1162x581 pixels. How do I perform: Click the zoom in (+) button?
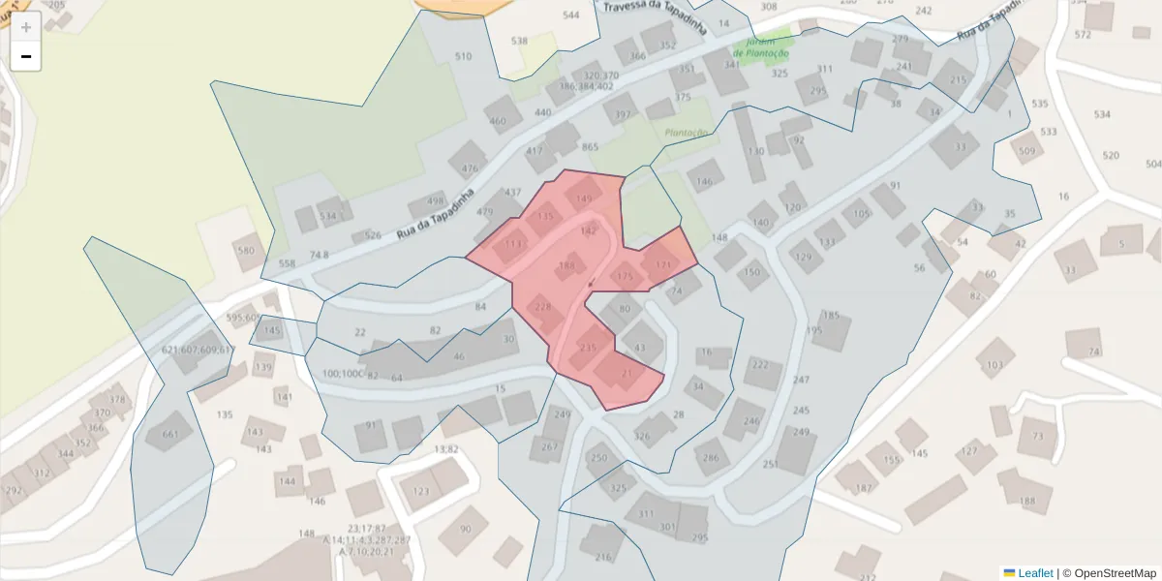click(26, 27)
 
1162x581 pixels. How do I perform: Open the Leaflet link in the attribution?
click(1035, 573)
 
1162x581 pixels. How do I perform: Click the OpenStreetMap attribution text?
click(1115, 573)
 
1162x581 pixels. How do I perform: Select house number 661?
click(170, 434)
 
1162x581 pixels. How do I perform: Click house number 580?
click(246, 251)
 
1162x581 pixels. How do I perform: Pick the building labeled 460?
click(498, 121)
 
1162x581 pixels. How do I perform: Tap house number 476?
click(470, 168)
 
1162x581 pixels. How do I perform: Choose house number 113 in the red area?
click(512, 244)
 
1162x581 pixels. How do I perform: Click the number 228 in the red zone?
click(543, 307)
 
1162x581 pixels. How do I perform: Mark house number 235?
click(588, 348)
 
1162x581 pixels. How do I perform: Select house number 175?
click(625, 277)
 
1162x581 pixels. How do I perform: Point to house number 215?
click(958, 79)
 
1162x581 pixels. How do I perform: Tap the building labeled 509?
click(1026, 151)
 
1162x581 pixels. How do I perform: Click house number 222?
click(760, 364)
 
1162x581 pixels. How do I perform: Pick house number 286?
click(712, 457)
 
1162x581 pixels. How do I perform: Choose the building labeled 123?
click(421, 491)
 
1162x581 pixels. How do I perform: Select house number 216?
click(603, 557)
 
